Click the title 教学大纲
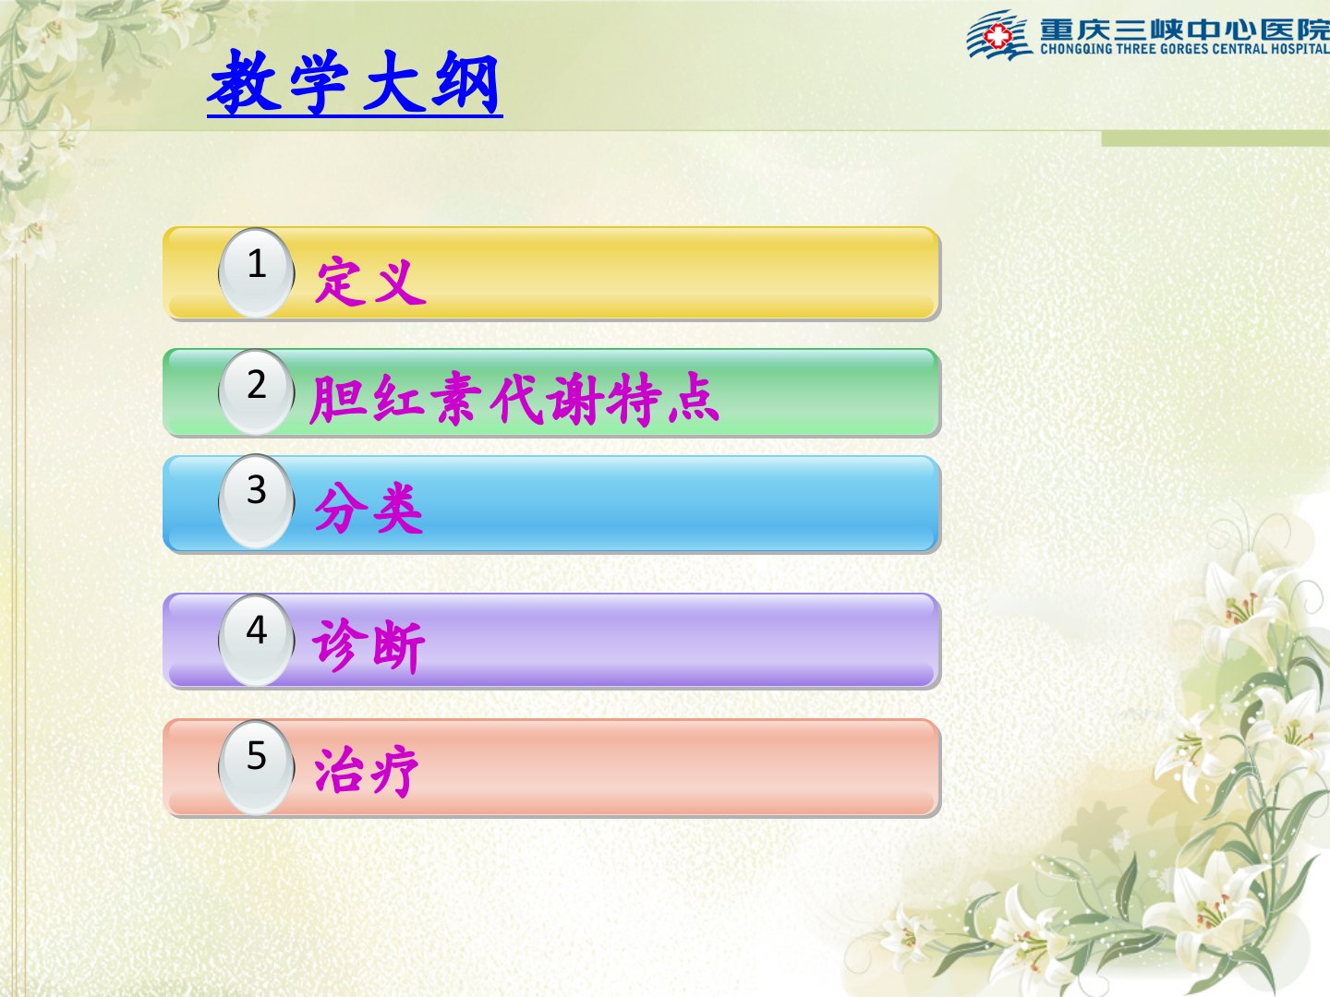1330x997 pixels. pos(355,82)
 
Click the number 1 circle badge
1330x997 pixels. pos(257,272)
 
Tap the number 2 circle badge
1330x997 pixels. pos(257,392)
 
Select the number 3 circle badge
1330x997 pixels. pos(257,501)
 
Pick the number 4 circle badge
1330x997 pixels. pos(257,639)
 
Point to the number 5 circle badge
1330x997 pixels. pos(257,766)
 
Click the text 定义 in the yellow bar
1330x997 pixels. pos(370,281)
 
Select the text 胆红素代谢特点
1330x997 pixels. pos(514,398)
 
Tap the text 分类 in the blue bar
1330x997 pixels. pos(369,508)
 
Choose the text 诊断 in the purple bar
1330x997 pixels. pos(369,645)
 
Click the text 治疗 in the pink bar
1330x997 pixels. pos(367,771)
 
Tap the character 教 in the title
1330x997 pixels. pos(244,81)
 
